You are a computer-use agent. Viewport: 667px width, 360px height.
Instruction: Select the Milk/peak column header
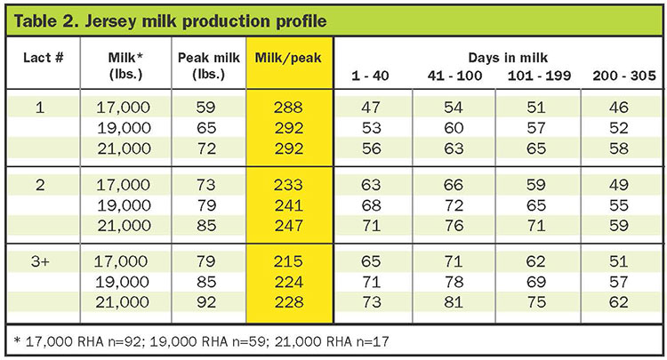288,58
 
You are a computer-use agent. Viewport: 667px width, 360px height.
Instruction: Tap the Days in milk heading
508,58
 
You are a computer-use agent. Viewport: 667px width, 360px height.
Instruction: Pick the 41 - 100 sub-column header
454,76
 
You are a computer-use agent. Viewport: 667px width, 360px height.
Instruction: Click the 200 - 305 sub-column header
624,76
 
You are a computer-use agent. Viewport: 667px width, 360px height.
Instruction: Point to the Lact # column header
43,58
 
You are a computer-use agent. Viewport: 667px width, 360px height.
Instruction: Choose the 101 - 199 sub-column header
539,76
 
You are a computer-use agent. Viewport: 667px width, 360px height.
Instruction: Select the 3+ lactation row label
40,261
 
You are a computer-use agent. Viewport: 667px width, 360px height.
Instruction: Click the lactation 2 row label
40,185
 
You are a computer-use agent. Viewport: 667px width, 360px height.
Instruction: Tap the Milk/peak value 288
288,107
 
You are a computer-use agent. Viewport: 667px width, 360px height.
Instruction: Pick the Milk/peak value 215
288,261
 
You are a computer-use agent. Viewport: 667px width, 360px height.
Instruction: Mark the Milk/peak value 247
289,225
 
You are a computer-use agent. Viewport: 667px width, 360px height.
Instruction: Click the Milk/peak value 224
288,282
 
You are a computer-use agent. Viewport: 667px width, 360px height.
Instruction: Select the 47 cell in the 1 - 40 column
371,107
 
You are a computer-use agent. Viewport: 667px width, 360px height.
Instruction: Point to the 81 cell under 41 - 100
453,301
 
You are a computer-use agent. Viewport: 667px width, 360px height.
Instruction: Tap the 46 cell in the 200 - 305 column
618,107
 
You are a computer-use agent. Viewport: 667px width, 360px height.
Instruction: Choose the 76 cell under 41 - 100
454,225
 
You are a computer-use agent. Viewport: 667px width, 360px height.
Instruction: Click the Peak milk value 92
206,301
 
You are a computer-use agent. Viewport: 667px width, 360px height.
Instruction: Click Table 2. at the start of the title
46,21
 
